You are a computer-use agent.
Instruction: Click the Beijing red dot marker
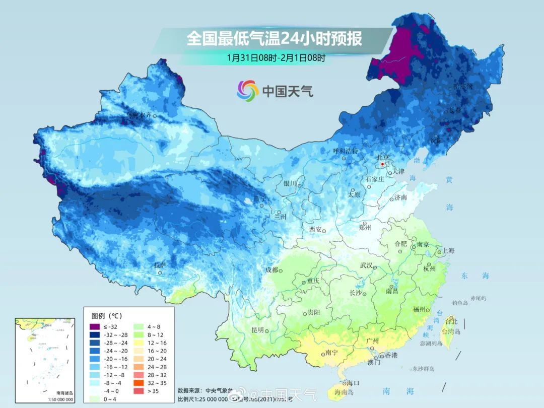[383, 164]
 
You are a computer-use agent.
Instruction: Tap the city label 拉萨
[160, 265]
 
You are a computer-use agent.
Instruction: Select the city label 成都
[271, 270]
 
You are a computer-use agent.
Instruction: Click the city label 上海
[448, 251]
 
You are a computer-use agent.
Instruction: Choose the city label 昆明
[257, 330]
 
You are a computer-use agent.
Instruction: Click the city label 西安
[315, 230]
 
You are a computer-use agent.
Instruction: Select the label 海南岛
[344, 392]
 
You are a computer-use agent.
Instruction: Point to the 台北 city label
[451, 321]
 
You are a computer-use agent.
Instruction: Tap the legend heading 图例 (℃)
[106, 316]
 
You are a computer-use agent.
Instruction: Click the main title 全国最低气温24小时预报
[274, 38]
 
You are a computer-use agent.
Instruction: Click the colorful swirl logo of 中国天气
[247, 90]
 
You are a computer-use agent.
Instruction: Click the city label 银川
[290, 184]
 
